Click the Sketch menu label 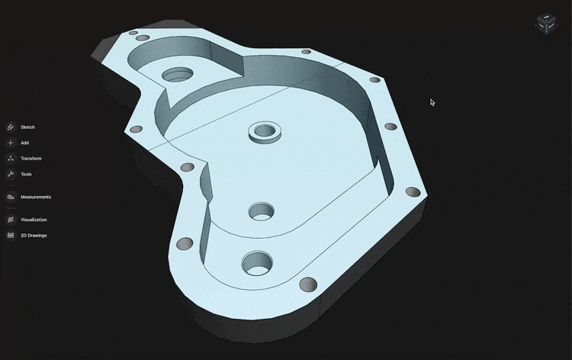point(27,127)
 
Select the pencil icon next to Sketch point(11,127)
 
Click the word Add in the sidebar point(25,143)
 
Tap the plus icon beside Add point(11,143)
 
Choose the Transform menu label point(31,159)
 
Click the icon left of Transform point(11,159)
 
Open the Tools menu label point(26,174)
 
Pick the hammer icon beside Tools point(11,174)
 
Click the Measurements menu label point(36,197)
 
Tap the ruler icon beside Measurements point(11,197)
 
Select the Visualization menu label point(34,220)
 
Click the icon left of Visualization point(11,220)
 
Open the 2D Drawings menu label point(34,236)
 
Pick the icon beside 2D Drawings point(11,236)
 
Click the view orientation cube point(546,24)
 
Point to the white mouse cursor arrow point(432,101)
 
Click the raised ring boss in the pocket point(264,131)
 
